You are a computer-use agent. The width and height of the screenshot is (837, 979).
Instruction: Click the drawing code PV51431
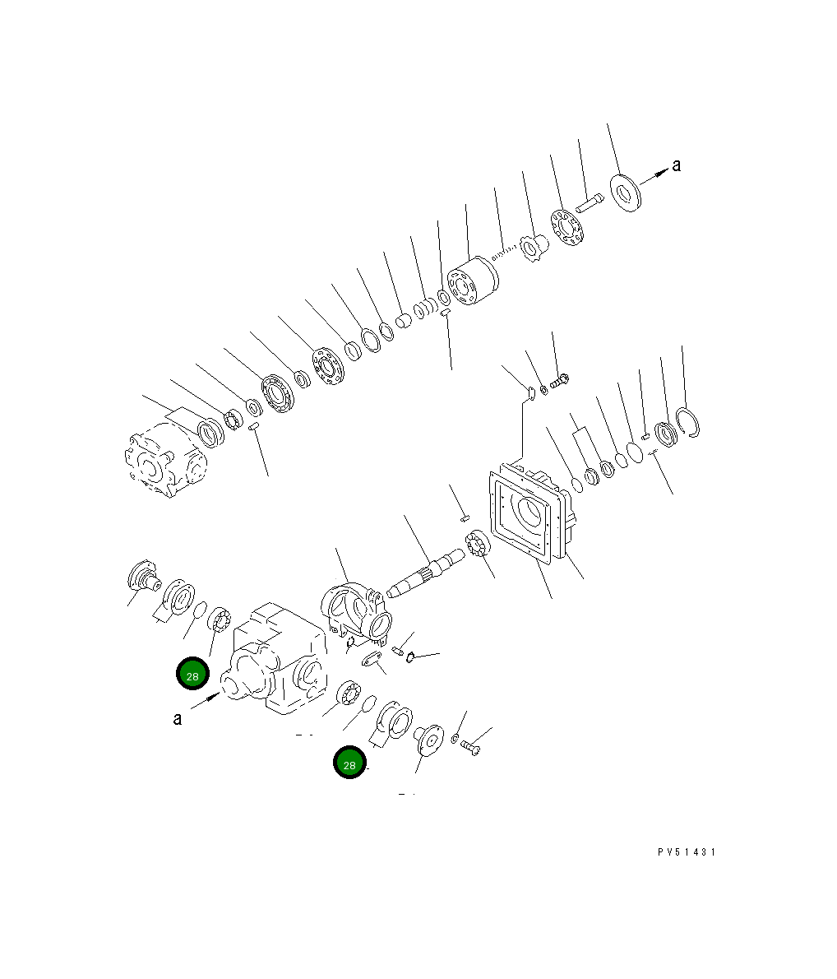pyautogui.click(x=687, y=852)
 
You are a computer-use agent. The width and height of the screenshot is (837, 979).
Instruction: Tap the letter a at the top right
pyautogui.click(x=676, y=165)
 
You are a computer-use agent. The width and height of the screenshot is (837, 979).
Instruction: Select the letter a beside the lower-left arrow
pyautogui.click(x=178, y=719)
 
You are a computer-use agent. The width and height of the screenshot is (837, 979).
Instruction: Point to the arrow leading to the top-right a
pyautogui.click(x=653, y=175)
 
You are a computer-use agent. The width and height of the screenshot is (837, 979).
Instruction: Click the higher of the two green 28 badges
pyautogui.click(x=192, y=675)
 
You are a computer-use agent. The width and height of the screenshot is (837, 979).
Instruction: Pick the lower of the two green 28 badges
pyautogui.click(x=349, y=763)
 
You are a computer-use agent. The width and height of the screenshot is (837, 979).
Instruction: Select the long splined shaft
pyautogui.click(x=428, y=570)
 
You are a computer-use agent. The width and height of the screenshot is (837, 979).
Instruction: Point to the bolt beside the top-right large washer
pyautogui.click(x=590, y=201)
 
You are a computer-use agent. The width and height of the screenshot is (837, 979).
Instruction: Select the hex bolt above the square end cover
pyautogui.click(x=561, y=381)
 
